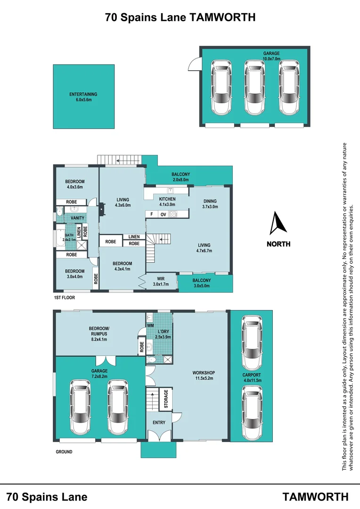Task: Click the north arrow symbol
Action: tap(278, 223)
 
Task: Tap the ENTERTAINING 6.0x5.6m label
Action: tap(83, 97)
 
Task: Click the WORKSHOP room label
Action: tap(204, 375)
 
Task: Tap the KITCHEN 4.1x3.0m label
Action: tap(167, 202)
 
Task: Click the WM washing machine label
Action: tap(151, 325)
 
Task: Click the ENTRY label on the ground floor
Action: tap(159, 422)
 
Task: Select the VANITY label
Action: tap(77, 218)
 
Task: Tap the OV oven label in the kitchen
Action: tap(164, 214)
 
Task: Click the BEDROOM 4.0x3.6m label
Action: tap(74, 185)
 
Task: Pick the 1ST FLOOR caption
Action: tap(64, 298)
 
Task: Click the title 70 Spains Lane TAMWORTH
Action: tap(180, 18)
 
